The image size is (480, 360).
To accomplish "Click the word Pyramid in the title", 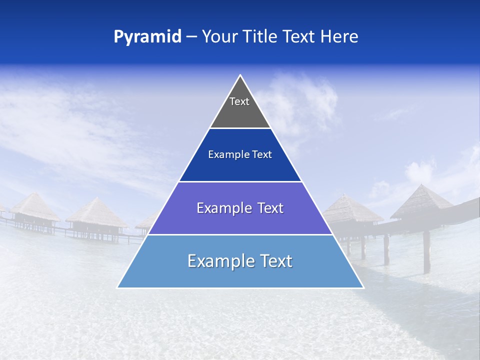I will (147, 36).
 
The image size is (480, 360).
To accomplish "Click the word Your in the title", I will (218, 36).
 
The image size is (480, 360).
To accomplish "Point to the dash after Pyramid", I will (191, 37).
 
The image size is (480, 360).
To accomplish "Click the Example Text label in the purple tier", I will (240, 208).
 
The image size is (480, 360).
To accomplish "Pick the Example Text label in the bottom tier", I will (240, 261).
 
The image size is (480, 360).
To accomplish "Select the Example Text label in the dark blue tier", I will (240, 154).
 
